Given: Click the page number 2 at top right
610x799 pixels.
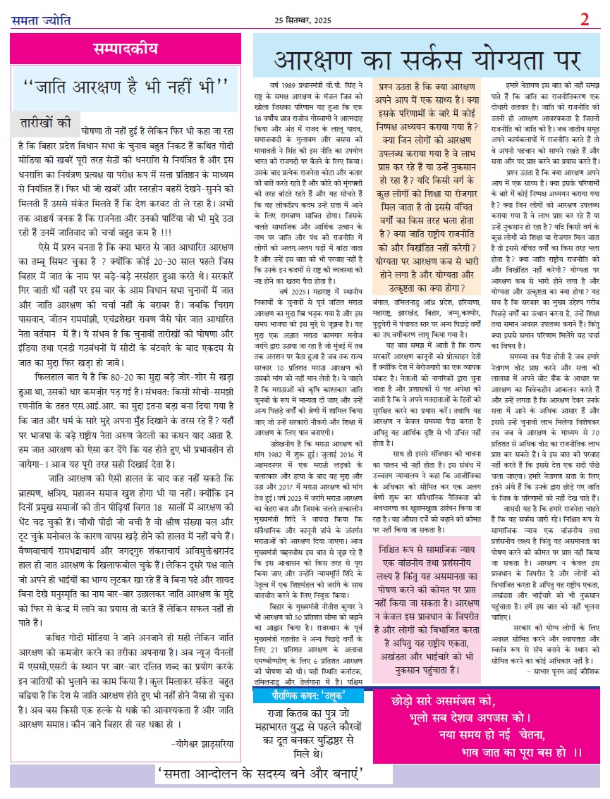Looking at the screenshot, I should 585,19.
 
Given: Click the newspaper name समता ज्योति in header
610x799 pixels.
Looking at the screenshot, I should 42,20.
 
